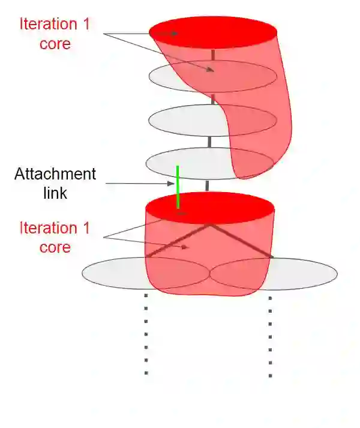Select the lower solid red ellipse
click(x=210, y=208)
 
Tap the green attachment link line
click(x=178, y=186)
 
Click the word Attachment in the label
click(x=55, y=174)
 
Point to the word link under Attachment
click(x=55, y=193)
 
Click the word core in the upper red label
click(x=55, y=44)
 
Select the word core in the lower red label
click(x=55, y=247)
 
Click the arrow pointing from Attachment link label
click(x=138, y=183)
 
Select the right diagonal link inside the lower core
click(x=240, y=241)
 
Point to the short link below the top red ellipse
click(x=213, y=55)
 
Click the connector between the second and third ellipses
click(x=212, y=99)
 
